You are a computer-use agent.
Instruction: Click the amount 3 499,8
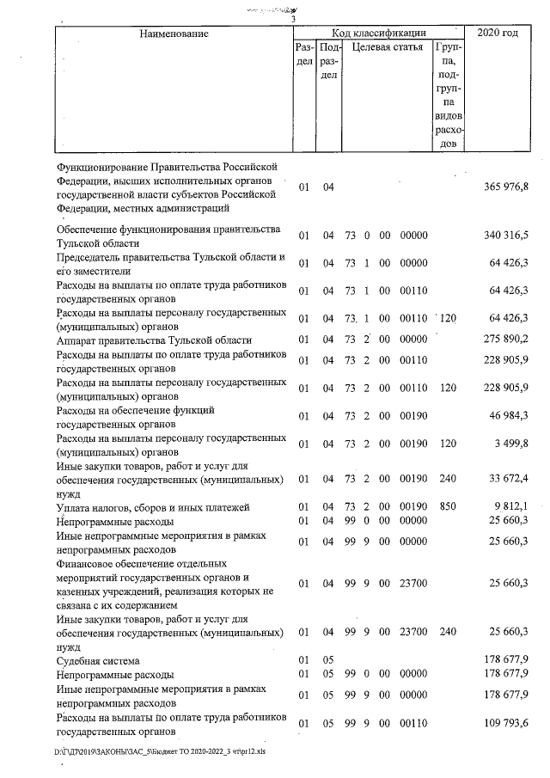(510, 444)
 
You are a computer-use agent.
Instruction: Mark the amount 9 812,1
(510, 506)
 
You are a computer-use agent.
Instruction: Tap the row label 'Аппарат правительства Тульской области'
(154, 340)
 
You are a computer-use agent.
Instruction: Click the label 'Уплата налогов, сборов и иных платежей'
(152, 507)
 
